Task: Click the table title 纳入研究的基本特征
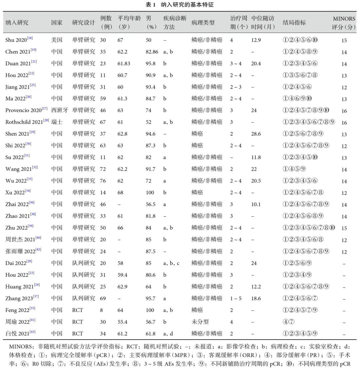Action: [189, 5]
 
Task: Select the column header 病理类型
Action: [203, 22]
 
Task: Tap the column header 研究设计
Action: [83, 22]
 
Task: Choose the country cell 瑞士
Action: [57, 122]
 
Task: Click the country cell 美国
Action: [57, 40]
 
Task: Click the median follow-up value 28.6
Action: [256, 133]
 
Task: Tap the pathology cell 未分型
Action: [200, 322]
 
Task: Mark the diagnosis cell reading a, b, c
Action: [171, 263]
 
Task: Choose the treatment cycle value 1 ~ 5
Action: [236, 298]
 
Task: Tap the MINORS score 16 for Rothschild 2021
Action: [344, 122]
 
